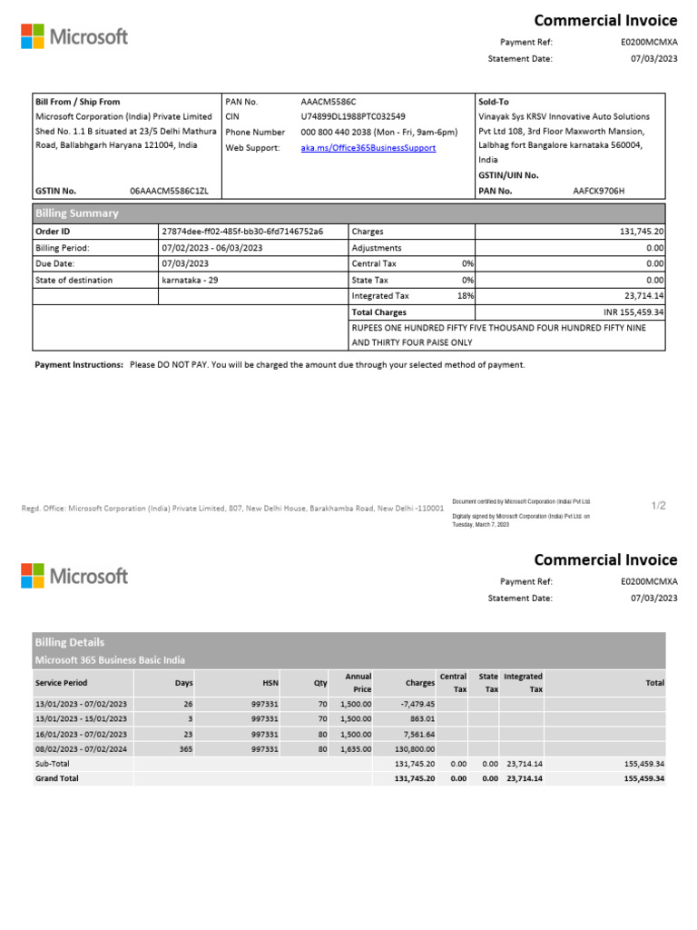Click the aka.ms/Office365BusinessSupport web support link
368,148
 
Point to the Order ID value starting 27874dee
241,232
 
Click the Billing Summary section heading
76,213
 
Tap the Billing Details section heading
70,642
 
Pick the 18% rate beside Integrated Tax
466,296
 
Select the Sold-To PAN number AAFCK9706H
599,191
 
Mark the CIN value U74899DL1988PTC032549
353,117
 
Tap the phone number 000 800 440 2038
378,133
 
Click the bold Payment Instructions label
79,365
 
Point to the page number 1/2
658,505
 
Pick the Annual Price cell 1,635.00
355,750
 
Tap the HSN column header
270,683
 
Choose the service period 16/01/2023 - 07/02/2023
81,735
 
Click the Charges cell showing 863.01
422,719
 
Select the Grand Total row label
56,779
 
